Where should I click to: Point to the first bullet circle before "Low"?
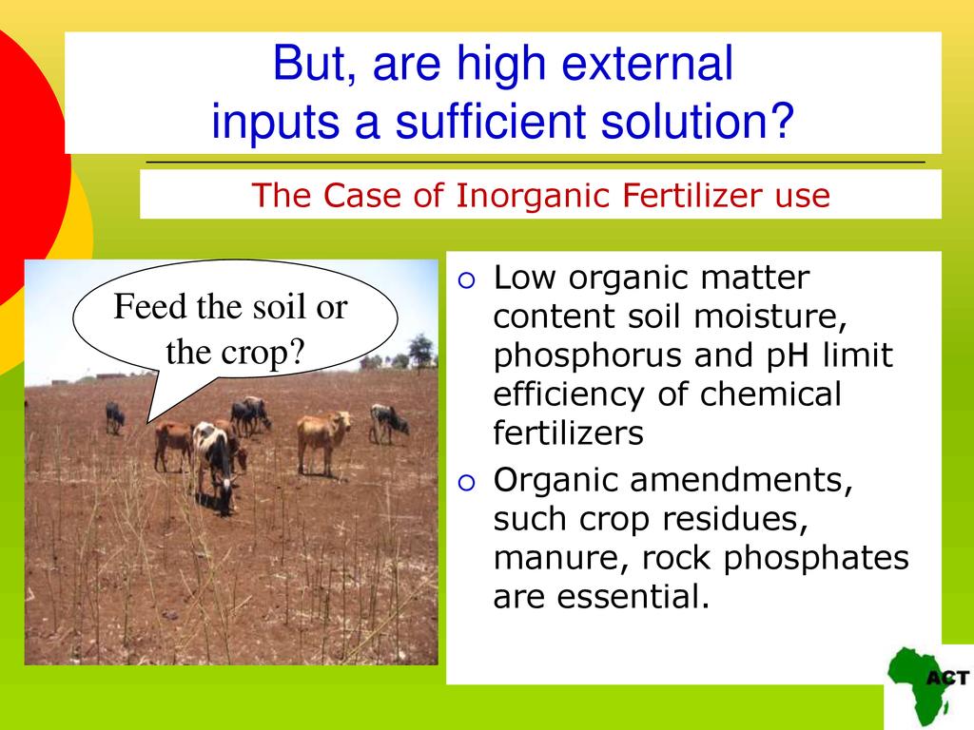click(x=466, y=280)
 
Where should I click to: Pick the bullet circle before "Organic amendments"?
click(x=466, y=482)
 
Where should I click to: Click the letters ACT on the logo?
click(x=948, y=677)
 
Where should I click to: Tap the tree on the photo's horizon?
click(x=421, y=350)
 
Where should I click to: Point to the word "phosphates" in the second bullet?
click(x=815, y=559)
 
